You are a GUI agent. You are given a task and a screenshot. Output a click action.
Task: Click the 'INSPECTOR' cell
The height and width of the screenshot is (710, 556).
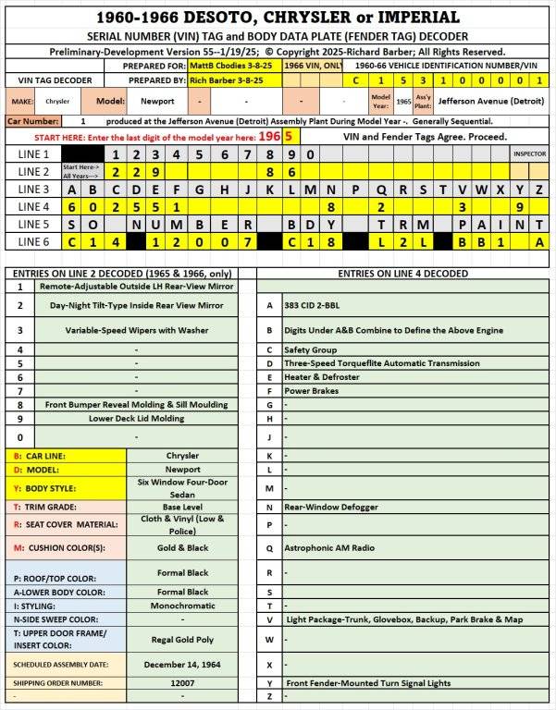click(529, 153)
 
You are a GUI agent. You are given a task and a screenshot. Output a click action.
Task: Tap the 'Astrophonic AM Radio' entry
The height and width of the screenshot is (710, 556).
click(329, 547)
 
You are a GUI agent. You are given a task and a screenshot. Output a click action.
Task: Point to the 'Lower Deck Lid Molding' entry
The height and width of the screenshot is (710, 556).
click(137, 418)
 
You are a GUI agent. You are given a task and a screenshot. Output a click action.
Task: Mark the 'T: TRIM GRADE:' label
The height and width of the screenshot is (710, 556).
click(44, 507)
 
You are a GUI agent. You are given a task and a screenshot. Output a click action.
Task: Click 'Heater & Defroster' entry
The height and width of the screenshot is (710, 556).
click(321, 377)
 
